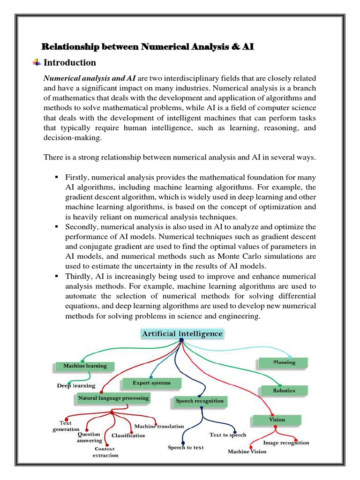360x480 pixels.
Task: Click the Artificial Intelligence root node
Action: tap(182, 334)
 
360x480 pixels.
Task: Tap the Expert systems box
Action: tap(151, 383)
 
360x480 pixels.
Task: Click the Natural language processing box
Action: tap(113, 398)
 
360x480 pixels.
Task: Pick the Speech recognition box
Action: tap(199, 401)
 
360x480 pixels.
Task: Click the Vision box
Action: tap(276, 420)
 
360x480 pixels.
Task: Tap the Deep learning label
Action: tap(76, 386)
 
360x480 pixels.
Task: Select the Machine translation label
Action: tap(159, 426)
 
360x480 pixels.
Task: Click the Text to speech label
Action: tap(227, 435)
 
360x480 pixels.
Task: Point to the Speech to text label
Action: tap(186, 447)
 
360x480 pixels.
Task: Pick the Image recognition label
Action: tap(286, 442)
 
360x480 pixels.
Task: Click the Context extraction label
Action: tap(105, 452)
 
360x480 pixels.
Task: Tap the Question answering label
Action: tap(90, 437)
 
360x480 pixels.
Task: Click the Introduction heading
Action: tap(69, 63)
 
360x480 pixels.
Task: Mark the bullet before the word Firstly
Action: tap(56, 177)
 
